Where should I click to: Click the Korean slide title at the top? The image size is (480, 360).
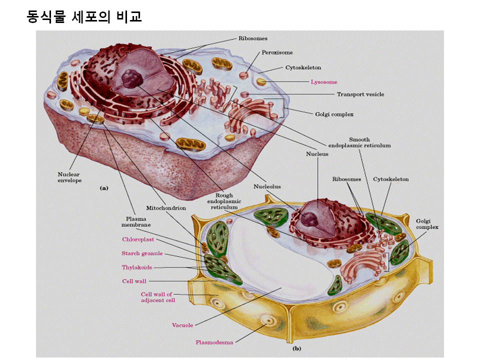coord(84,17)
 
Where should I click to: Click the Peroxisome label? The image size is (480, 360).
coord(277,52)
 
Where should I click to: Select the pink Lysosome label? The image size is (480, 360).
coord(324,82)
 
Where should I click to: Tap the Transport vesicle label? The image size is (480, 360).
coord(360,94)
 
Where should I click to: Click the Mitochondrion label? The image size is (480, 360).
coord(166,207)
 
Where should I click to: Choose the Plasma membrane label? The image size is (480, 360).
coord(136,221)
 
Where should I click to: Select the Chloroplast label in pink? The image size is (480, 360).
coord(137,239)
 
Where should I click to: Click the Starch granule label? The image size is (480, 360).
coord(142,253)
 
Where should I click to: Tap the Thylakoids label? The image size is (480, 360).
coord(136,267)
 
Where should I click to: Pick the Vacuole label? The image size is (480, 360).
coord(182,325)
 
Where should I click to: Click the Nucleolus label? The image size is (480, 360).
coord(267,186)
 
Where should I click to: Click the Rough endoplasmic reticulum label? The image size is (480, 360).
coord(224,201)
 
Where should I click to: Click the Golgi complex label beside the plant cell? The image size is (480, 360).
coord(426,224)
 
